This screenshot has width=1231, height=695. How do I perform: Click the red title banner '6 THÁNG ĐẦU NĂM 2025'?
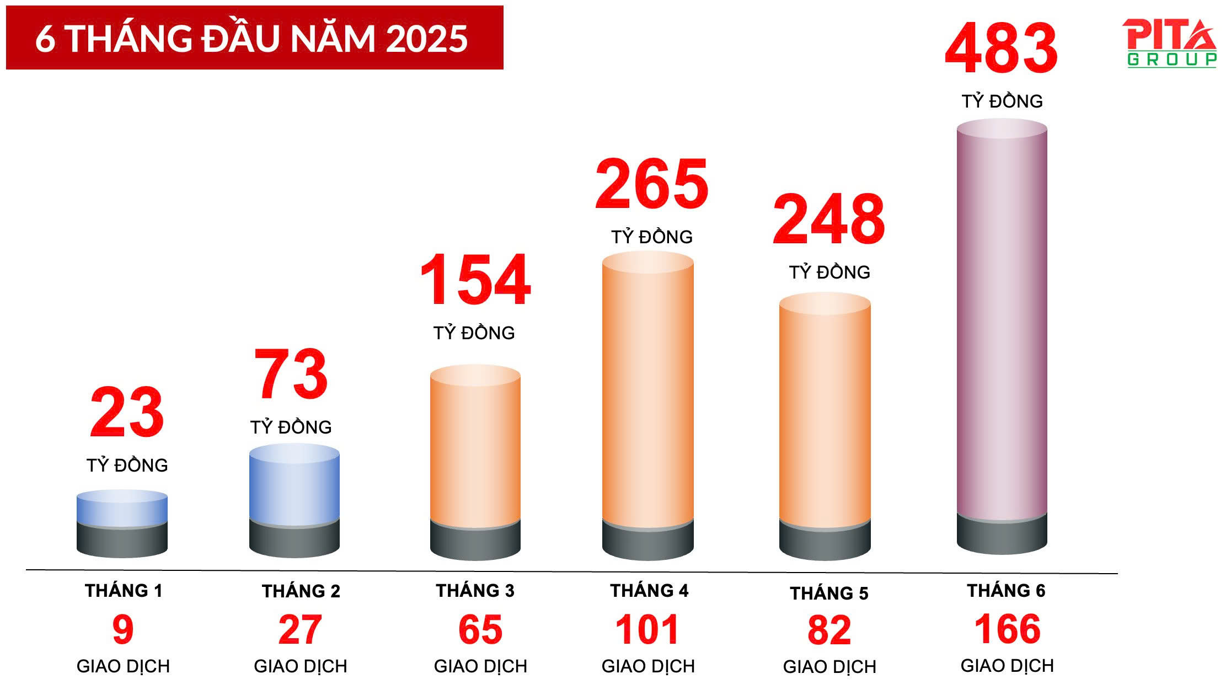point(254,38)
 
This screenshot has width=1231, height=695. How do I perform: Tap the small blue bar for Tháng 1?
point(122,509)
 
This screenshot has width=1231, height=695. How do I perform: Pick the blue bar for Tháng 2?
point(294,485)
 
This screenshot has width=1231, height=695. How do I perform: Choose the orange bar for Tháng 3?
point(475,447)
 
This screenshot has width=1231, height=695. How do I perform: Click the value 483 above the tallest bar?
point(1001,49)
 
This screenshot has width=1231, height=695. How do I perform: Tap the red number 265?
point(651,184)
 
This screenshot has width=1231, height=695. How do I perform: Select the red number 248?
point(828,220)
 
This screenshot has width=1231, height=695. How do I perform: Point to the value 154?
point(475,280)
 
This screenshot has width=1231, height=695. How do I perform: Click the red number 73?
point(291,375)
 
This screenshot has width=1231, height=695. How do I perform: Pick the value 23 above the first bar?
point(127,413)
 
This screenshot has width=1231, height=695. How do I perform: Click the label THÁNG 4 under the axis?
point(649,591)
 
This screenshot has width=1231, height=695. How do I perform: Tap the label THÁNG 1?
point(124,591)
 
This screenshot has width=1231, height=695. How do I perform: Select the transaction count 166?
point(1007,629)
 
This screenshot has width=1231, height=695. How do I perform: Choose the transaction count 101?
point(647,629)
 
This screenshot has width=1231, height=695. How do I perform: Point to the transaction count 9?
point(123,629)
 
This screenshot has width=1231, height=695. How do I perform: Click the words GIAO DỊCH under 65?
point(480,666)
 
